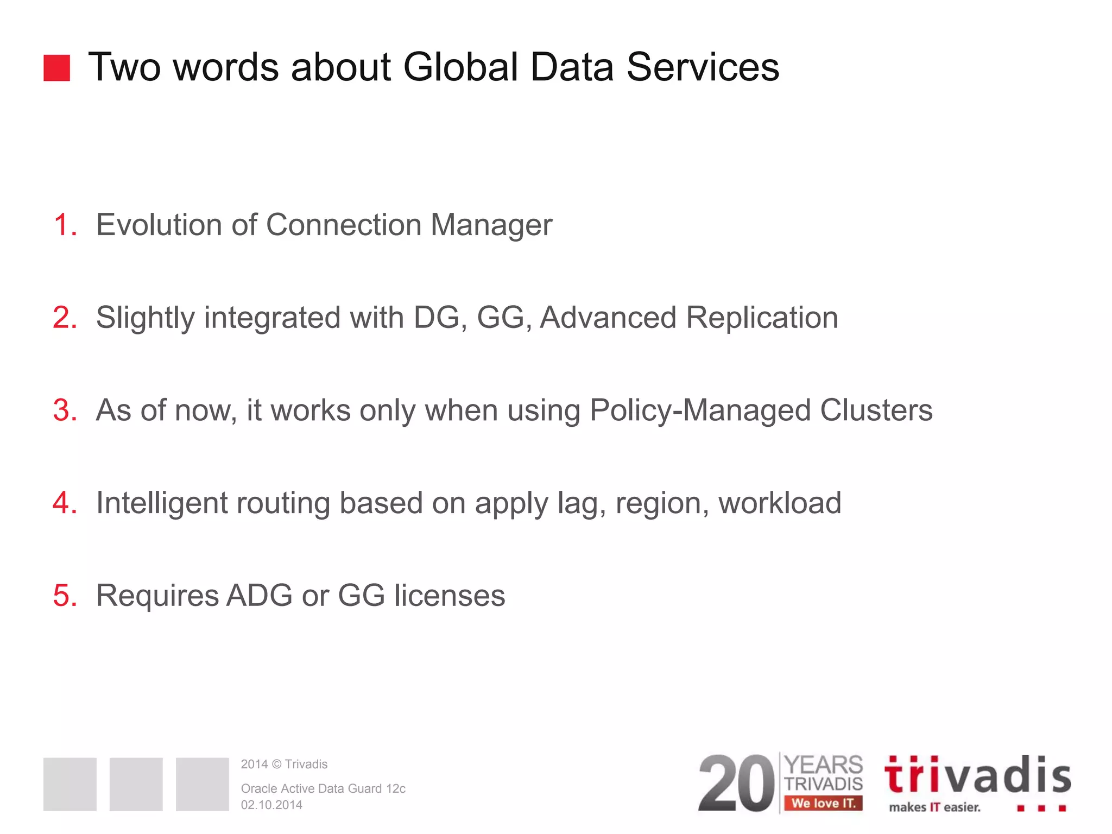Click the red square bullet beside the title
click(56, 68)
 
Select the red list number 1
click(65, 225)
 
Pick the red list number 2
click(65, 318)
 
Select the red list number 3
click(65, 410)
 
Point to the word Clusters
click(876, 410)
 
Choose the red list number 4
click(65, 503)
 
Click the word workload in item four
click(780, 503)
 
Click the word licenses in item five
click(450, 596)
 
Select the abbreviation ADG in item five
click(260, 596)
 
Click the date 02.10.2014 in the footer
click(271, 805)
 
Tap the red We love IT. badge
click(823, 803)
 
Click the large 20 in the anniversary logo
click(736, 784)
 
